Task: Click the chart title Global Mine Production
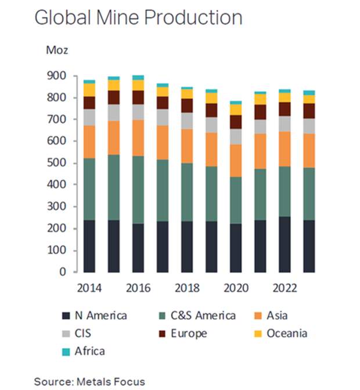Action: pos(138,17)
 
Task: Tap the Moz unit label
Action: pos(57,50)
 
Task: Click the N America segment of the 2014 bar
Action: pos(89,246)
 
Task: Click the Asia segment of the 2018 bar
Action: pos(187,146)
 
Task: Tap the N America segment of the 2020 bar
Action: pos(236,248)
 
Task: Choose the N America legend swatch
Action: pos(67,316)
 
